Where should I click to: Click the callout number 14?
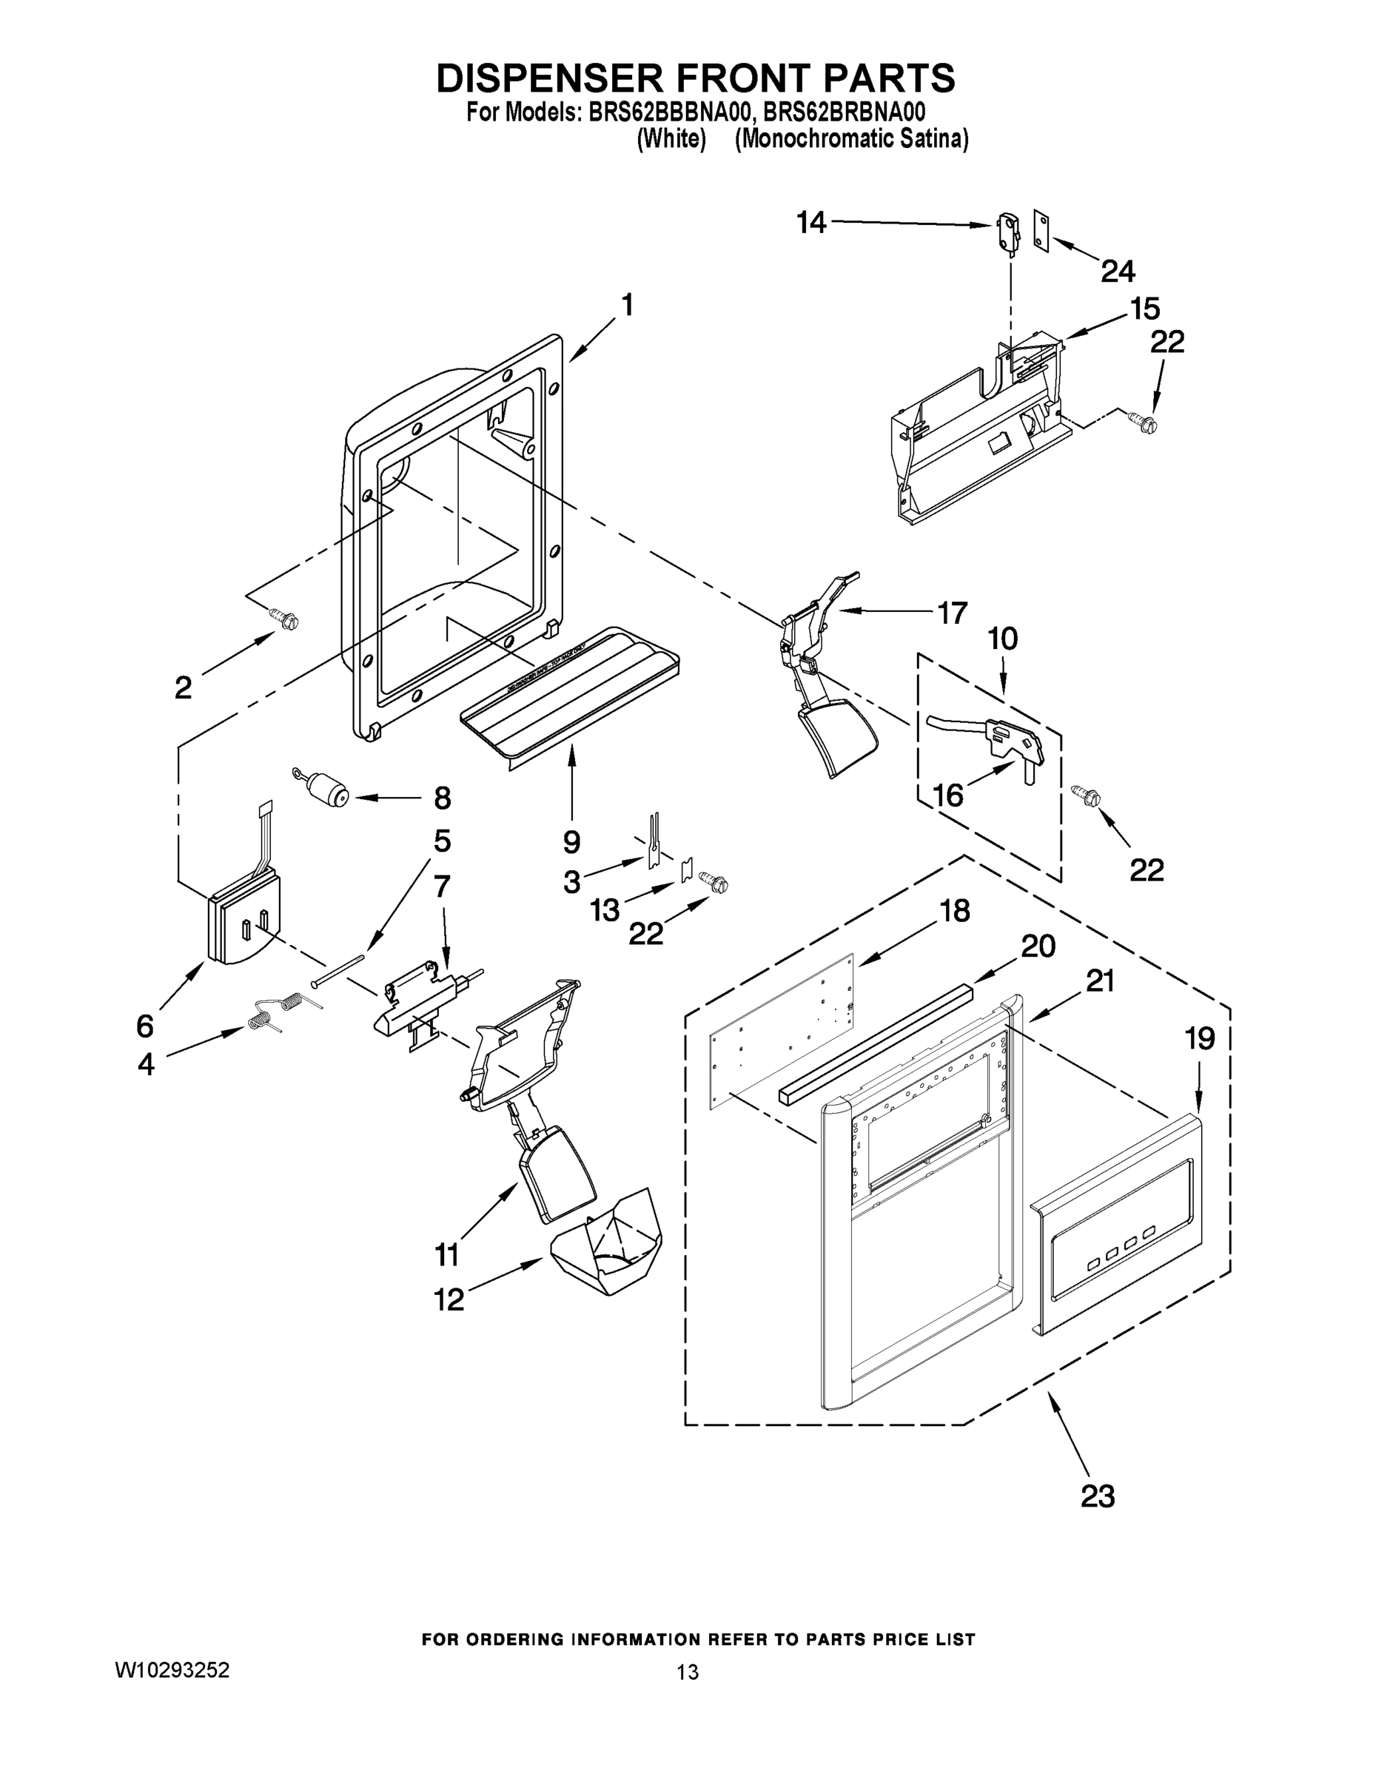click(x=811, y=222)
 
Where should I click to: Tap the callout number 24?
click(x=1118, y=271)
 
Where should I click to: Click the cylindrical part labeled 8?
click(x=328, y=789)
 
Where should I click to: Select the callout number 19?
click(x=1200, y=1038)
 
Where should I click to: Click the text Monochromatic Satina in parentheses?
click(x=852, y=139)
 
